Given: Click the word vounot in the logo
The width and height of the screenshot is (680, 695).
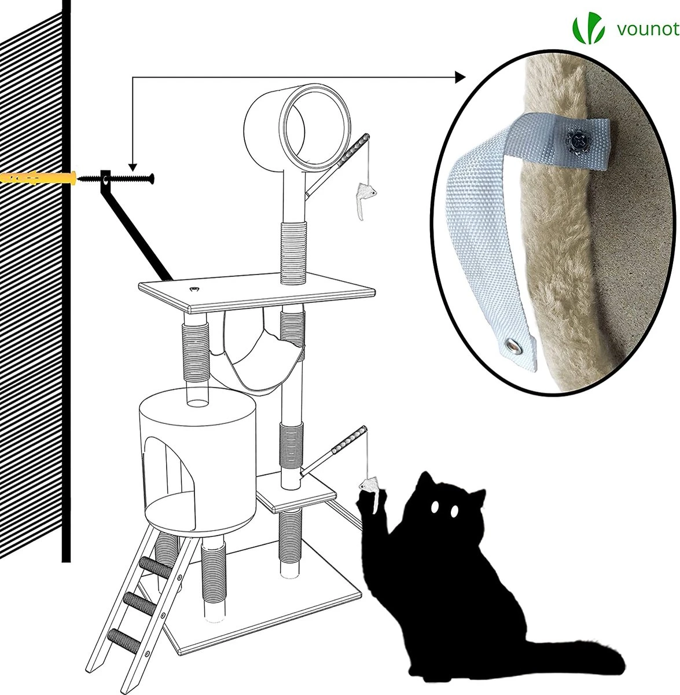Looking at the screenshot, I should (x=648, y=30).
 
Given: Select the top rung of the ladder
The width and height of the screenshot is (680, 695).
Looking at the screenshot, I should (x=156, y=566).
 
